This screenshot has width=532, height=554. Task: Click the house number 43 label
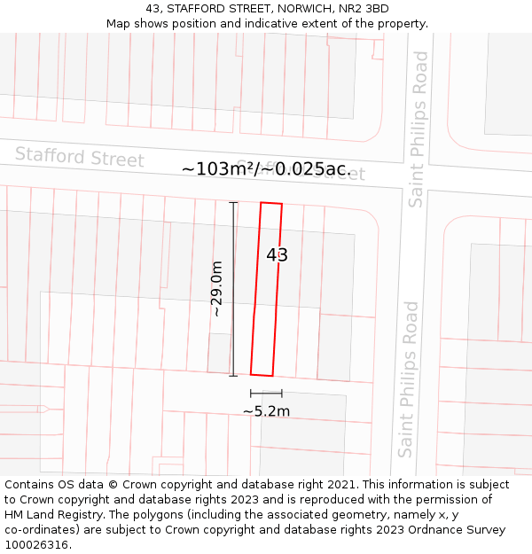(277, 255)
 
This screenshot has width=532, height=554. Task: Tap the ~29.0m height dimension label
(216, 289)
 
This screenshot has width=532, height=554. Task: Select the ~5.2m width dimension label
(266, 411)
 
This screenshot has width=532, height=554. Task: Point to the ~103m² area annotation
(266, 168)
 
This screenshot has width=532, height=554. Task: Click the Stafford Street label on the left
(79, 157)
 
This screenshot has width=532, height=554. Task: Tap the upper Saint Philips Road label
(419, 129)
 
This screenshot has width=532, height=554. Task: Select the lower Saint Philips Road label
(408, 379)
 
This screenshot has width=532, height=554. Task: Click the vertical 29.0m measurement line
(234, 289)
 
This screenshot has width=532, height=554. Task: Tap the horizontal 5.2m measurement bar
(266, 393)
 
